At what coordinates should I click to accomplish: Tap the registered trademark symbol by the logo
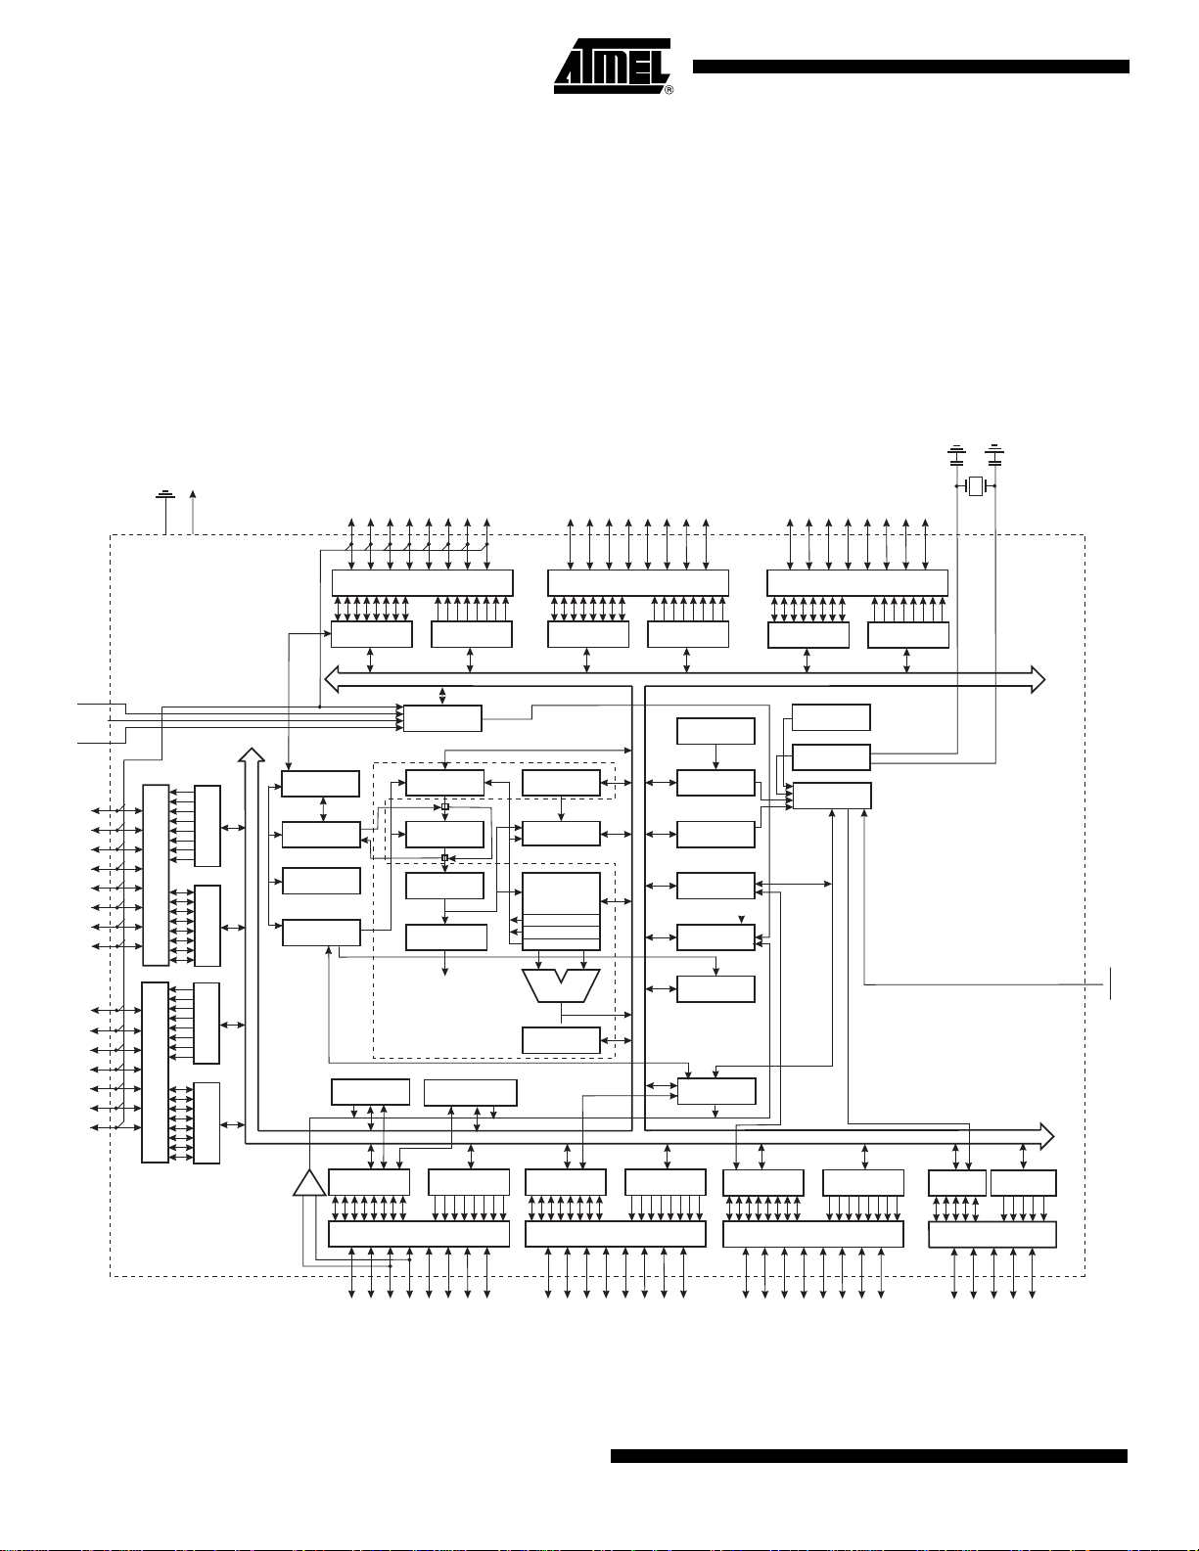click(x=669, y=90)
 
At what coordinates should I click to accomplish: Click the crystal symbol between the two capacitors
click(x=976, y=486)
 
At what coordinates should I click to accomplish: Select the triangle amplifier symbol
click(x=309, y=1183)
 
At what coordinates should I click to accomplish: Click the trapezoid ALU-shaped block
click(x=561, y=985)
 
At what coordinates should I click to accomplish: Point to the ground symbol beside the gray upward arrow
click(x=165, y=494)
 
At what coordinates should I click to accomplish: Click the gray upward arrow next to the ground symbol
click(x=193, y=512)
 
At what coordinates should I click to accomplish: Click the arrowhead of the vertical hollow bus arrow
click(x=251, y=754)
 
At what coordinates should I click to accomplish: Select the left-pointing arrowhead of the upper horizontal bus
click(x=332, y=678)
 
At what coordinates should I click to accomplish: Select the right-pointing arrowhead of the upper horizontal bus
click(x=1038, y=678)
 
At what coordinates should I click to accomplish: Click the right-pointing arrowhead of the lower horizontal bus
click(x=1047, y=1136)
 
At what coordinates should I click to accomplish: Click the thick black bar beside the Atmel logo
click(x=910, y=67)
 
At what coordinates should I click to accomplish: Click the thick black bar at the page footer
click(x=868, y=1456)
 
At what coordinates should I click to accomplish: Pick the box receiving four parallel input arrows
click(x=442, y=718)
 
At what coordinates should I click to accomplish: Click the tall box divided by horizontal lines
click(x=561, y=911)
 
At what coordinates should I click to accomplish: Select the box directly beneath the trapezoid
click(x=561, y=1040)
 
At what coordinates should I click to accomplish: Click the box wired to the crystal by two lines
click(x=831, y=757)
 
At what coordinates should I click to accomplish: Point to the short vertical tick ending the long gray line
click(x=1111, y=983)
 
